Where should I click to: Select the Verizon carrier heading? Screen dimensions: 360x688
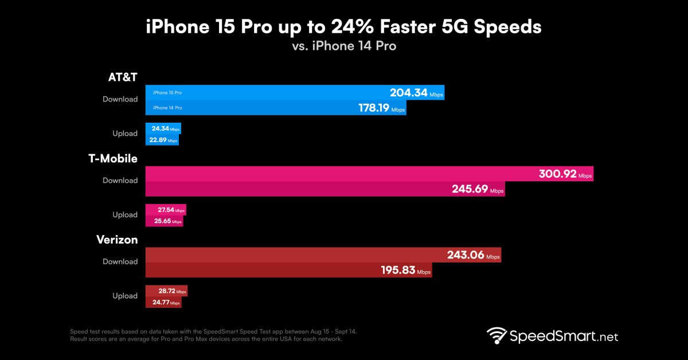click(x=117, y=240)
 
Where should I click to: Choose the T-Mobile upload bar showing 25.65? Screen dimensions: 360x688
click(x=165, y=221)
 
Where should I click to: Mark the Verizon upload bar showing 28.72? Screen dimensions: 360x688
click(x=166, y=291)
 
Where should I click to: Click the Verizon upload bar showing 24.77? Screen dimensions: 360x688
click(x=164, y=302)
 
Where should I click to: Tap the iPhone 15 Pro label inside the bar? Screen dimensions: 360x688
click(x=167, y=92)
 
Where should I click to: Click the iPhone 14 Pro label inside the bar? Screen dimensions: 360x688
click(x=167, y=108)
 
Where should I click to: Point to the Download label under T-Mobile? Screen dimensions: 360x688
click(x=120, y=181)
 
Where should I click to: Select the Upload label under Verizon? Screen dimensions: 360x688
click(x=124, y=296)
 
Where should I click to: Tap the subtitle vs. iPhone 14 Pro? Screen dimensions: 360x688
click(x=343, y=46)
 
